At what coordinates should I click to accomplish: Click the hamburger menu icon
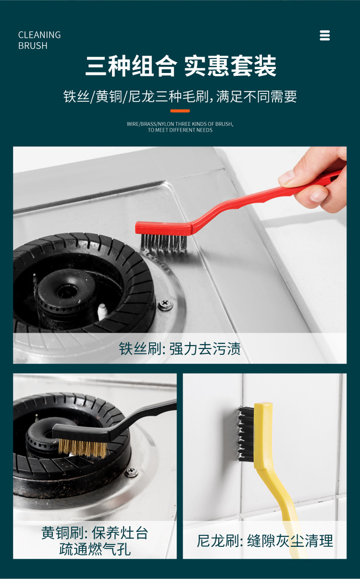pyautogui.click(x=324, y=36)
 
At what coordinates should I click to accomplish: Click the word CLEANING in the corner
pyautogui.click(x=39, y=35)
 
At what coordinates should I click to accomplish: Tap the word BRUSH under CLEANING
pyautogui.click(x=33, y=46)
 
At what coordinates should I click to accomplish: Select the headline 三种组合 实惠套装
pyautogui.click(x=180, y=66)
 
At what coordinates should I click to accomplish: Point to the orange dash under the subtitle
pyautogui.click(x=180, y=111)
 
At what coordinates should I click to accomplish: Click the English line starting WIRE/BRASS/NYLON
pyautogui.click(x=180, y=124)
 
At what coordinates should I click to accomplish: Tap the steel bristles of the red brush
pyautogui.click(x=163, y=242)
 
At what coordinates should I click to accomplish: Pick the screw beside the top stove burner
pyautogui.click(x=166, y=304)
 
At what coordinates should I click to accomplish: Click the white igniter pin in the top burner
pyautogui.click(x=102, y=311)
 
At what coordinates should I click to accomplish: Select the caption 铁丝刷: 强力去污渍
pyautogui.click(x=180, y=349)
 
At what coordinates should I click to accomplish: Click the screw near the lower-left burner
pyautogui.click(x=132, y=472)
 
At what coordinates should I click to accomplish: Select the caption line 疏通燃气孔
pyautogui.click(x=95, y=549)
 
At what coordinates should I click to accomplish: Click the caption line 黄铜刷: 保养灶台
pyautogui.click(x=95, y=533)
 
